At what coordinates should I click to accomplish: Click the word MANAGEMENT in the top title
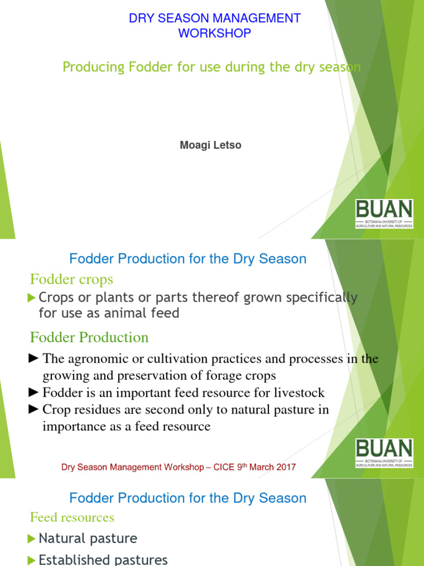[x=258, y=18]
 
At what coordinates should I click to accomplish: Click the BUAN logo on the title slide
[x=384, y=214]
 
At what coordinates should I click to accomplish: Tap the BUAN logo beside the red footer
[x=384, y=453]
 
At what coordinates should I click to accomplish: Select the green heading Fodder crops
[x=71, y=279]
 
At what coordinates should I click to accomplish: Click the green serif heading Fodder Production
[x=89, y=337]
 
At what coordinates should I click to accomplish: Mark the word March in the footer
[x=261, y=467]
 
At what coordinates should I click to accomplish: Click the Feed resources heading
[x=72, y=517]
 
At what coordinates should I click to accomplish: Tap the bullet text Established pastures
[x=103, y=559]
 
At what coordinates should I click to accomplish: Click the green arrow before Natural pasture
[x=32, y=538]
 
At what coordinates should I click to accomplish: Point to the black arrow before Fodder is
[x=34, y=393]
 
